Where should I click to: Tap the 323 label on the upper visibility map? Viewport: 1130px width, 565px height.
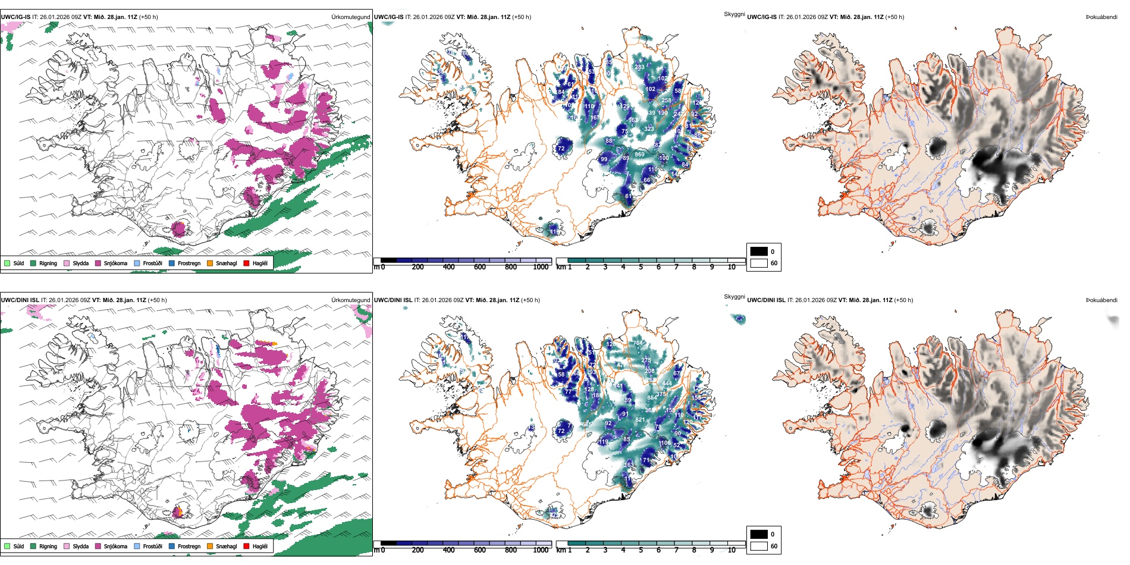click(649, 129)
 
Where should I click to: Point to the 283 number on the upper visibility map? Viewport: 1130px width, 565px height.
click(639, 67)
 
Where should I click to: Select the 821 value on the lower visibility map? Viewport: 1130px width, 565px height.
click(640, 420)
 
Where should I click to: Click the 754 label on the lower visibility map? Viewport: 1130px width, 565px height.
click(638, 343)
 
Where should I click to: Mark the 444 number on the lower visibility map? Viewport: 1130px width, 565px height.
click(667, 384)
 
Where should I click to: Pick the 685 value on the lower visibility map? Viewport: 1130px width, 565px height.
click(586, 425)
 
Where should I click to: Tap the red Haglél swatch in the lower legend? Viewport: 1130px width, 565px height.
click(246, 546)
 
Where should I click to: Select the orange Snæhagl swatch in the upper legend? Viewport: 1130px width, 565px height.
click(210, 263)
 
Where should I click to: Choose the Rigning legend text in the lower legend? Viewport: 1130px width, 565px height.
click(48, 546)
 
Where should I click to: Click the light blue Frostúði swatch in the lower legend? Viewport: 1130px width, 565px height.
click(137, 546)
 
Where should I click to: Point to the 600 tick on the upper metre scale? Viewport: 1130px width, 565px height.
click(480, 267)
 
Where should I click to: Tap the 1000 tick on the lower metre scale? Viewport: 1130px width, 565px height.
click(541, 550)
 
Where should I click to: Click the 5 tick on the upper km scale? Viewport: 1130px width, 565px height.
click(641, 267)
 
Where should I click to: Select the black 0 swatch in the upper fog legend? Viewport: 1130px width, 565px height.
click(759, 252)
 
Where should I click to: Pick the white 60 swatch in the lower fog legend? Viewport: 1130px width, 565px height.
click(759, 546)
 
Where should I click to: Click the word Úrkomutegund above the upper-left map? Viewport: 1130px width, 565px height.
click(351, 17)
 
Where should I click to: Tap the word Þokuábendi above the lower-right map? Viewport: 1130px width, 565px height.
click(1101, 300)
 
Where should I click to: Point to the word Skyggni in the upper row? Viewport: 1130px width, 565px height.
click(734, 14)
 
